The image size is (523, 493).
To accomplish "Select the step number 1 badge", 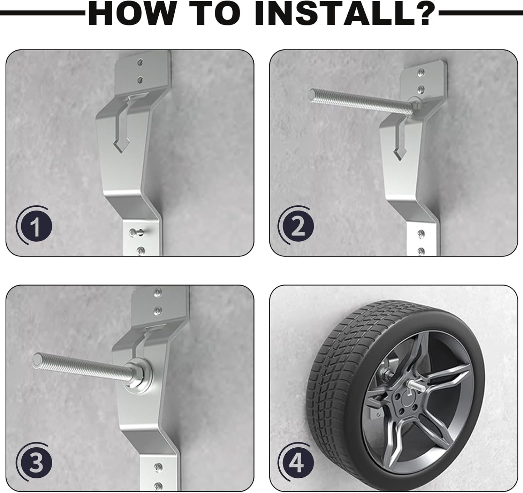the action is pos(34,226).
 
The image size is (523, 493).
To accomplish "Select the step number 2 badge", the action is pos(297,226).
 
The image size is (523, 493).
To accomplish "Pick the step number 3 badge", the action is pos(34,463).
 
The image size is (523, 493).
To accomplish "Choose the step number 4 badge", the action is pos(297,463).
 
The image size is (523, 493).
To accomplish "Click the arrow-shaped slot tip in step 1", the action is pos(121,152).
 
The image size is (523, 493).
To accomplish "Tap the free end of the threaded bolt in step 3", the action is pos(36,360).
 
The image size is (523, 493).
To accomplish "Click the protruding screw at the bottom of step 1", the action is pos(136,232).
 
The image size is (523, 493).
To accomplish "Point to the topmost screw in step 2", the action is pos(421,71).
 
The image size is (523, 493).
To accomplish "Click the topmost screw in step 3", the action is pos(158,292).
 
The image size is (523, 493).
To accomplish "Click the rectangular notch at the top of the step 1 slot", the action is pos(137,96).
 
